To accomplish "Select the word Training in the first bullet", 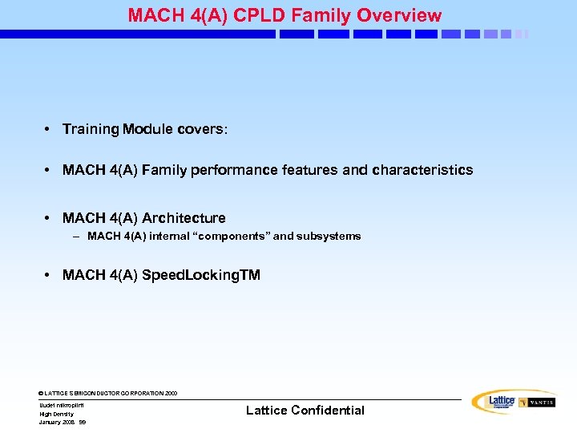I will click(x=90, y=129).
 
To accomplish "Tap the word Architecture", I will click(x=184, y=218).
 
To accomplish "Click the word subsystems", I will click(x=329, y=237).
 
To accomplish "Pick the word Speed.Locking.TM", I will click(x=201, y=275).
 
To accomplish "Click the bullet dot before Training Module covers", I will click(x=49, y=129).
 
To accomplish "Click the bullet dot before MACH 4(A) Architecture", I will click(x=49, y=218).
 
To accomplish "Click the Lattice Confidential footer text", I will click(x=305, y=411).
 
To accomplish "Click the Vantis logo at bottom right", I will click(x=536, y=403).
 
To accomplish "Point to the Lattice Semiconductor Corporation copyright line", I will click(x=108, y=394).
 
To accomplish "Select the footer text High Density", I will click(x=56, y=414).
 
